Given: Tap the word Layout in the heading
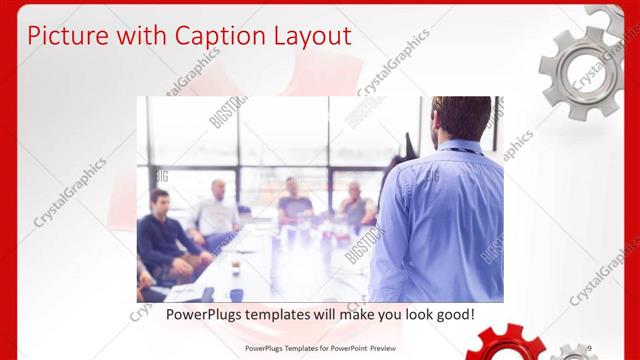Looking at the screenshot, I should tap(311, 36).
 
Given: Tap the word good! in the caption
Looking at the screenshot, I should tap(453, 314).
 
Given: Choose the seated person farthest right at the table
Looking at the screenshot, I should tap(355, 205).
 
